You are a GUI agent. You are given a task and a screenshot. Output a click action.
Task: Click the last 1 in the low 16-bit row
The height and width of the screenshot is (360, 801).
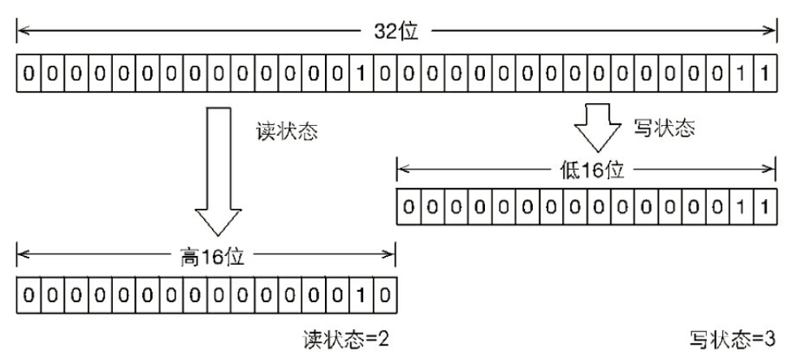pyautogui.click(x=764, y=207)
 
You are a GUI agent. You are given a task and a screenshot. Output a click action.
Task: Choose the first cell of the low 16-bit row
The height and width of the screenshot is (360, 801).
pyautogui.click(x=408, y=207)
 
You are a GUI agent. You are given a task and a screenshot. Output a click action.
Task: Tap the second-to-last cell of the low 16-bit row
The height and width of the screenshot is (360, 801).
pyautogui.click(x=741, y=207)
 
